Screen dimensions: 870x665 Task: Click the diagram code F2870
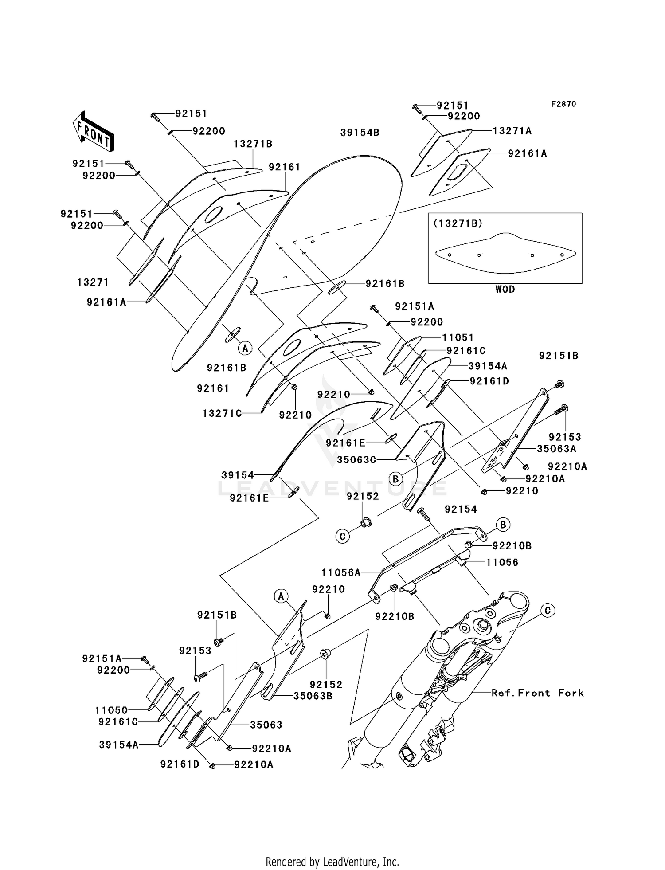tap(563, 104)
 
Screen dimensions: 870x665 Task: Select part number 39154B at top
tap(360, 133)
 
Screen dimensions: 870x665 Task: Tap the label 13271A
tap(512, 131)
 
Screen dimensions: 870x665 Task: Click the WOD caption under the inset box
tap(505, 289)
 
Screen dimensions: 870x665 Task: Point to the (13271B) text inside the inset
tap(458, 223)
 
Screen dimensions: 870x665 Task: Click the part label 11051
tap(458, 338)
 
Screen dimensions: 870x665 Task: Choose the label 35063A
tap(556, 449)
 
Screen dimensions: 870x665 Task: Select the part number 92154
tap(461, 509)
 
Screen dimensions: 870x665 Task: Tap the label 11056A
tap(341, 572)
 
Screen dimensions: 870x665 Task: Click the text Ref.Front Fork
tap(537, 693)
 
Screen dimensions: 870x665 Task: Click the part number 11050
tap(111, 710)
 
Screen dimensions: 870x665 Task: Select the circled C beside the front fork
tap(548, 611)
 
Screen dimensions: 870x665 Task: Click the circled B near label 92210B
tap(503, 525)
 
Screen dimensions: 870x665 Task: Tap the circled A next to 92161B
tap(245, 348)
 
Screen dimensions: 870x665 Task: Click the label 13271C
tap(222, 413)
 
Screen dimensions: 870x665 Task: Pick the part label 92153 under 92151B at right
tap(565, 437)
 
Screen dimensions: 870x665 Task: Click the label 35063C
tap(356, 460)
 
